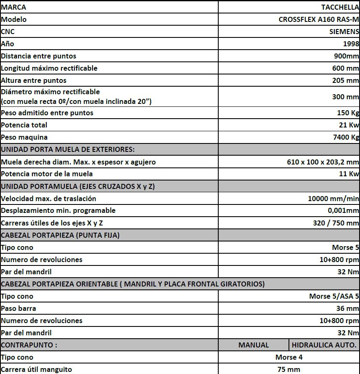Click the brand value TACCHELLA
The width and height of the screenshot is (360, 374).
point(340,7)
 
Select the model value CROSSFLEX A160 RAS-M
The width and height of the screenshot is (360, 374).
point(318,19)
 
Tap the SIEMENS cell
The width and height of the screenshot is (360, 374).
point(344,32)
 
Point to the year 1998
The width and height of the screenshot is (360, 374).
point(351,44)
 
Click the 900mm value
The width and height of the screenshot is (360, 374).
point(345,56)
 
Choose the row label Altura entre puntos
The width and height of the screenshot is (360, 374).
point(34,80)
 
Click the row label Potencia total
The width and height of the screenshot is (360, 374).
point(24,125)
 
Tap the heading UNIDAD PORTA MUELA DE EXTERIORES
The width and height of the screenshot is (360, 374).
point(68,149)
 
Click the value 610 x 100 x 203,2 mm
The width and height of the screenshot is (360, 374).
point(320,162)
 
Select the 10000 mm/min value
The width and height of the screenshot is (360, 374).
point(334,199)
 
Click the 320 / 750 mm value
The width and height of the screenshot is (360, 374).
point(336,223)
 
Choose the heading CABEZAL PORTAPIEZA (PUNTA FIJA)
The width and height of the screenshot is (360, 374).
point(60,235)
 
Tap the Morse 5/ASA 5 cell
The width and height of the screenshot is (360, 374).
point(334,296)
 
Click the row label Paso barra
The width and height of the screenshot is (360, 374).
point(19,308)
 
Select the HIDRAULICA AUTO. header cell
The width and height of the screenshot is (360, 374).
point(324,345)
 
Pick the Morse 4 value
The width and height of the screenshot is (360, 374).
point(289,357)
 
